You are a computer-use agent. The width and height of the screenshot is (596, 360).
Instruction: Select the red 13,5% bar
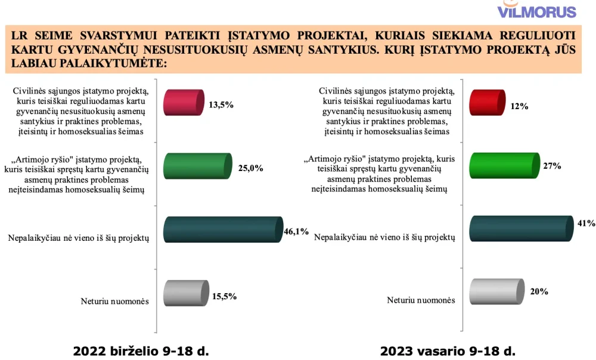click(x=184, y=103)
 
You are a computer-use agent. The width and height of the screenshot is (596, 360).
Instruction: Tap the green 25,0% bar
click(x=198, y=166)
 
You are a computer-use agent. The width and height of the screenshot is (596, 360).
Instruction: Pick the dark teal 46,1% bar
click(x=223, y=229)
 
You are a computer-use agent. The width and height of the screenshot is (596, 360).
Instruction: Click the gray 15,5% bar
click(x=186, y=293)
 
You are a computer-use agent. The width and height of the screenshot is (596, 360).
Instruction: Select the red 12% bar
click(x=488, y=103)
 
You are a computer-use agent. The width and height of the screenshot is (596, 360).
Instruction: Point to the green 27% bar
click(x=504, y=166)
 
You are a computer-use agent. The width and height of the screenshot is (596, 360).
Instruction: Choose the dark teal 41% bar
click(x=521, y=228)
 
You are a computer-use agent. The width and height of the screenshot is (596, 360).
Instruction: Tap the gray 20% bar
click(x=497, y=291)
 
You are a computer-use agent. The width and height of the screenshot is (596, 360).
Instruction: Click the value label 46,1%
click(x=296, y=231)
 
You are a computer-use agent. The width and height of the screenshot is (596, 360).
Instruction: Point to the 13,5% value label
click(x=221, y=104)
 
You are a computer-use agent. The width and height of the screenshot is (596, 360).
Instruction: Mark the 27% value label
click(x=552, y=166)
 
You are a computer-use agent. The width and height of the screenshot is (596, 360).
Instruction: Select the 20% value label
click(x=539, y=291)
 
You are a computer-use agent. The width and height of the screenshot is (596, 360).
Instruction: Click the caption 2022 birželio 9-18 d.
click(x=141, y=350)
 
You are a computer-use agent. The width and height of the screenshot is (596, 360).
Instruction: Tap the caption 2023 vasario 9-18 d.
click(x=448, y=350)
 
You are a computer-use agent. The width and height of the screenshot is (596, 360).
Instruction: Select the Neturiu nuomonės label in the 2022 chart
click(x=115, y=301)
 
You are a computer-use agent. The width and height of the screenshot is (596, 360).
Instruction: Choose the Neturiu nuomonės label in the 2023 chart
click(x=421, y=300)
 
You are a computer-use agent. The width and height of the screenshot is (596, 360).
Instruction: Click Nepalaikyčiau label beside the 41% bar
click(x=384, y=237)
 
